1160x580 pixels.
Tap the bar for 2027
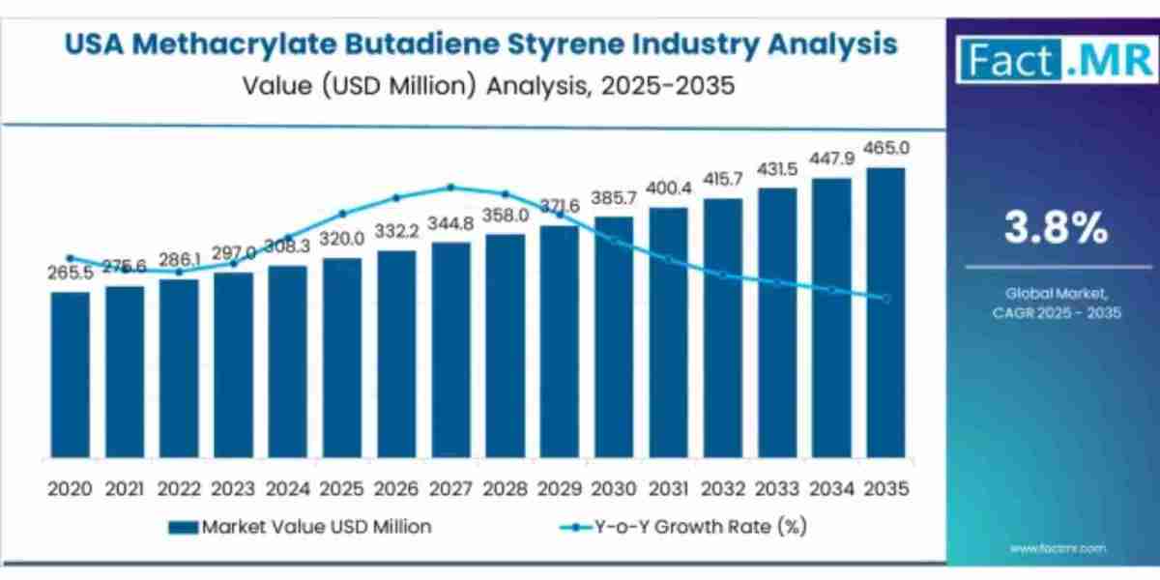[450, 349]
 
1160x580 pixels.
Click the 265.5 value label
[70, 274]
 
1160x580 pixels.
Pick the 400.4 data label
[668, 188]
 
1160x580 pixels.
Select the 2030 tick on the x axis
[614, 489]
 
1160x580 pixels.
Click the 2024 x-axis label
[287, 489]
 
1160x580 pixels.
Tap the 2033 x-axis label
[777, 489]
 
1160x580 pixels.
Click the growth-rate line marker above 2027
[450, 188]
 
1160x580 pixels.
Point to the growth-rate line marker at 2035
[885, 298]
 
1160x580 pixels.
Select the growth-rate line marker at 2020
[70, 258]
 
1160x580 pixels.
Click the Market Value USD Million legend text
[316, 527]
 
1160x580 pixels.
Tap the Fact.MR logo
[1052, 59]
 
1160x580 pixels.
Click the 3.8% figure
[1054, 229]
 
